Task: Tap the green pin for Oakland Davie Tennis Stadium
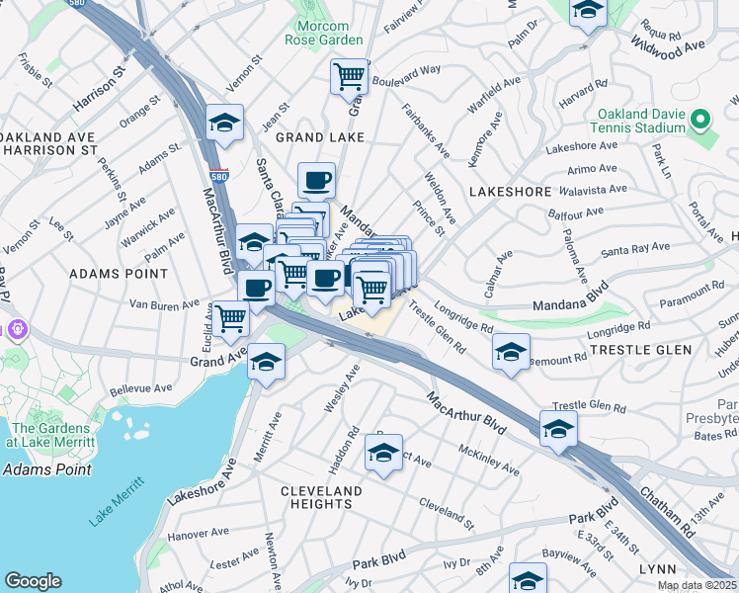(x=700, y=121)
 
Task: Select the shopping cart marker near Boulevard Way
(x=349, y=75)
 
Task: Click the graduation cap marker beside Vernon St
(x=225, y=122)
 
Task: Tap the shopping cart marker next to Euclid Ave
(x=230, y=318)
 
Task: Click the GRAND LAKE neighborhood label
(x=320, y=137)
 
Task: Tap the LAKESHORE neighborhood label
(x=509, y=190)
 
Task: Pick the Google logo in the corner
(x=34, y=581)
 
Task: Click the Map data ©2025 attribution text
(x=698, y=585)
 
